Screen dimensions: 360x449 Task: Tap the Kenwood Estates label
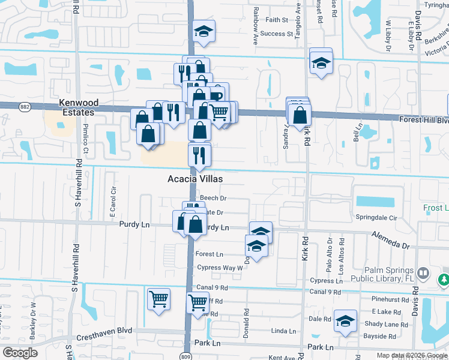[x=77, y=107]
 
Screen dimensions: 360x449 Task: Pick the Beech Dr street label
[x=213, y=198]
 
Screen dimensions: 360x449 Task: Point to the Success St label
[x=276, y=34]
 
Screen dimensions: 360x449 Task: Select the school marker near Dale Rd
[x=345, y=321]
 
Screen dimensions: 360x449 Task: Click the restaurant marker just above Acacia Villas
[x=199, y=155]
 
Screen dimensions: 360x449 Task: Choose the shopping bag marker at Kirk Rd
[x=300, y=114]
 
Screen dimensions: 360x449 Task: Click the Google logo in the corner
[x=20, y=353]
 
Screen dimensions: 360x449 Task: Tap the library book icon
[x=424, y=274]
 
